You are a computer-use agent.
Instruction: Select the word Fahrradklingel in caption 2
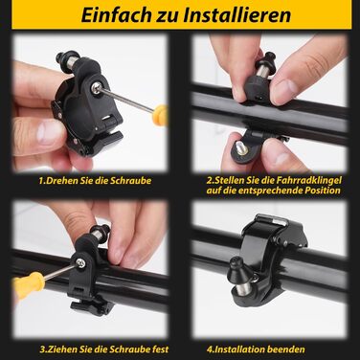pyautogui.click(x=295, y=178)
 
